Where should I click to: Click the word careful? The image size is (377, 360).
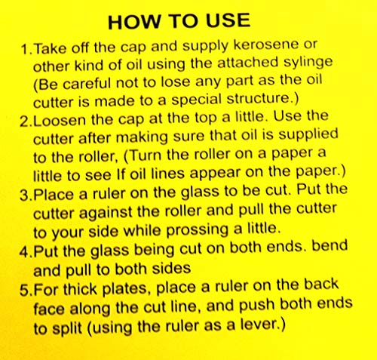[x=87, y=84]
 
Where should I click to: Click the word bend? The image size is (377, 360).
[x=329, y=245]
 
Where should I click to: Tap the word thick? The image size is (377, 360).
[x=80, y=289]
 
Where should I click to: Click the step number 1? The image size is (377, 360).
[x=26, y=49]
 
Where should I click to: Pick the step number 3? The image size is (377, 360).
[x=25, y=195]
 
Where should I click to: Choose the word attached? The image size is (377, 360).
[x=247, y=63]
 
